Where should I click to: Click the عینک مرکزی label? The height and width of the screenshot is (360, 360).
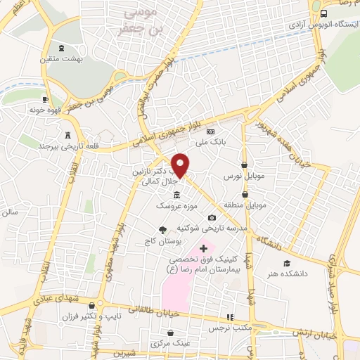(169, 345)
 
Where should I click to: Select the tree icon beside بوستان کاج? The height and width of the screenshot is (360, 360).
(163, 230)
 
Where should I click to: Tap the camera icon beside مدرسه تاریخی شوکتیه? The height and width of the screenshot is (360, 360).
(211, 218)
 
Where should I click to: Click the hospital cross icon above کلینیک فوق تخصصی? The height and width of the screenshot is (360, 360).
(204, 248)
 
